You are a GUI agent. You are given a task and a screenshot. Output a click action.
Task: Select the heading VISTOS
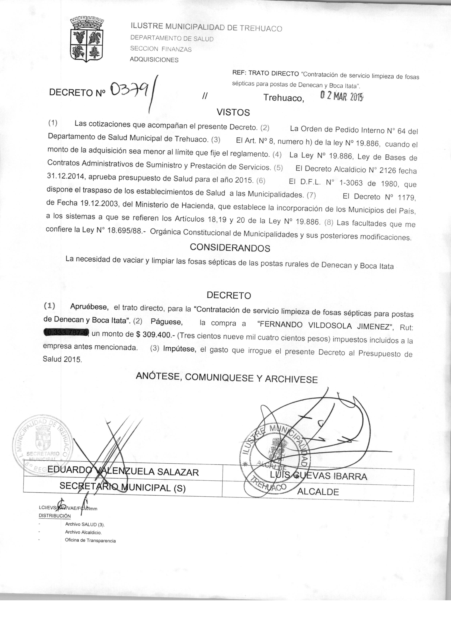coord(233,112)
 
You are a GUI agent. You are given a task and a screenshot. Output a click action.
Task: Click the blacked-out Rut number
coord(66,332)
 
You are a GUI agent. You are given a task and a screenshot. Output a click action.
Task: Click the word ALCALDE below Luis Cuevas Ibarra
coord(318,492)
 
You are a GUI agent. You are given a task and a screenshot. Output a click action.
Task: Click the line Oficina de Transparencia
coord(90,540)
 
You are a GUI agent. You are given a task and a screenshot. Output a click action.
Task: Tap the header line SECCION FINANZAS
coord(161,49)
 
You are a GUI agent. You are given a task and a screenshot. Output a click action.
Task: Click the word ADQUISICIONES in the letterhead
coord(154,59)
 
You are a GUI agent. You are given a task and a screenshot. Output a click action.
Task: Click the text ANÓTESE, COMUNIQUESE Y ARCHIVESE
coord(227,378)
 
